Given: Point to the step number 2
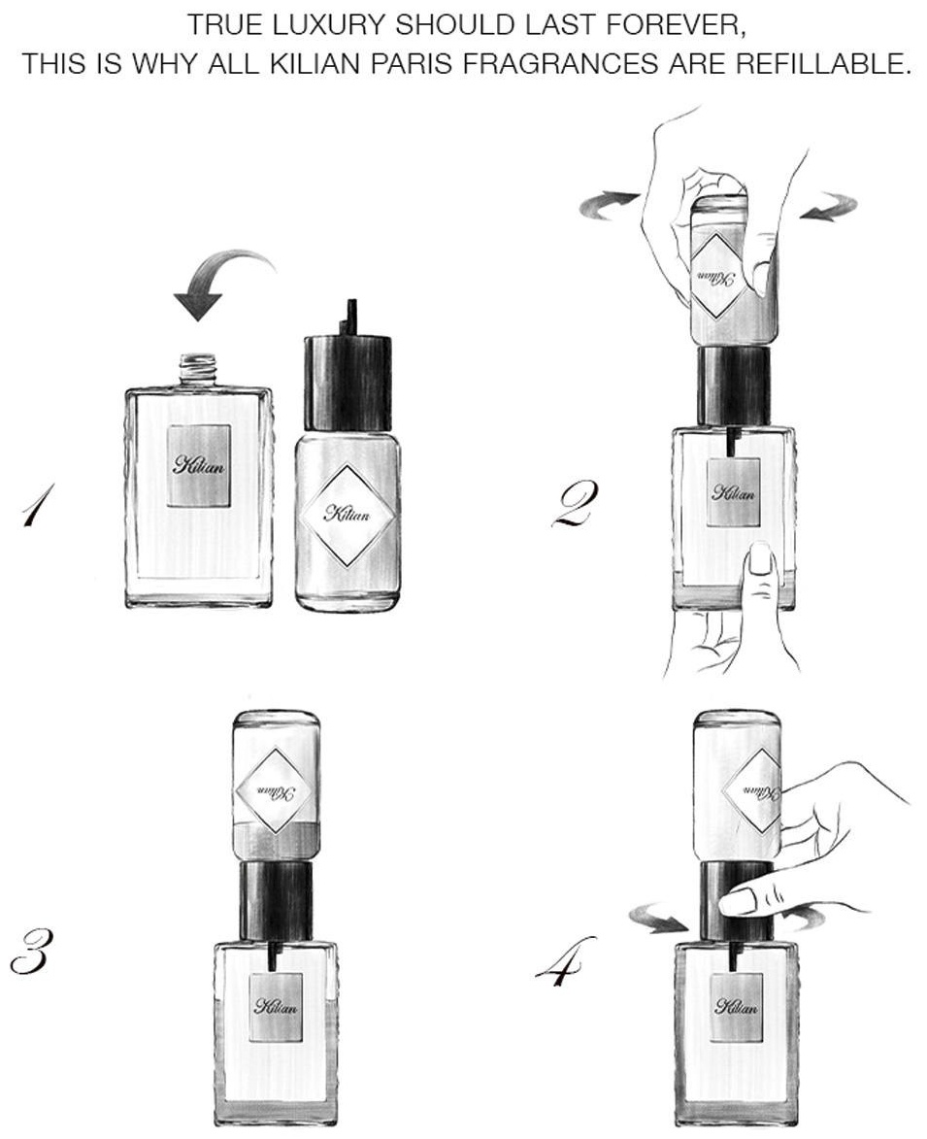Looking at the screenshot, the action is coord(575,504).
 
